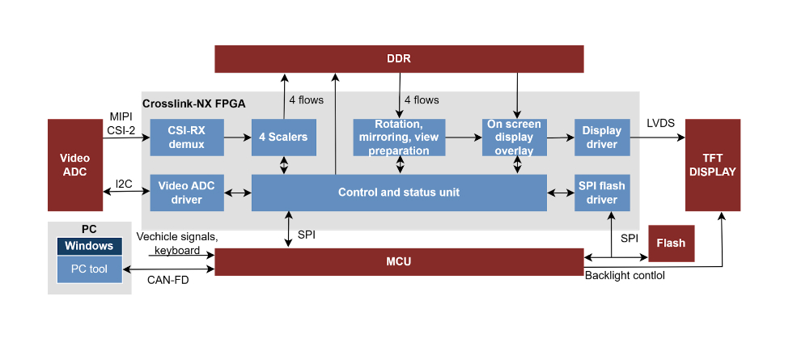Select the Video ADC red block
[x=75, y=165]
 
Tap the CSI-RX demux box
[x=186, y=138]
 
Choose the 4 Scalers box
[x=283, y=138]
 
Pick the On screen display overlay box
[x=514, y=138]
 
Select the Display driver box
[x=602, y=138]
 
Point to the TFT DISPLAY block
[x=712, y=165]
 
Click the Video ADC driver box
[x=186, y=193]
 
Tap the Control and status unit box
[x=399, y=193]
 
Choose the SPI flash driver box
[x=602, y=193]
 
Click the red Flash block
[x=672, y=244]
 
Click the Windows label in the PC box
[x=90, y=246]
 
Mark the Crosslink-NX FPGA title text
[x=194, y=104]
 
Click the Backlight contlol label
[x=625, y=276]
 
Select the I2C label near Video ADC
[x=124, y=184]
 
